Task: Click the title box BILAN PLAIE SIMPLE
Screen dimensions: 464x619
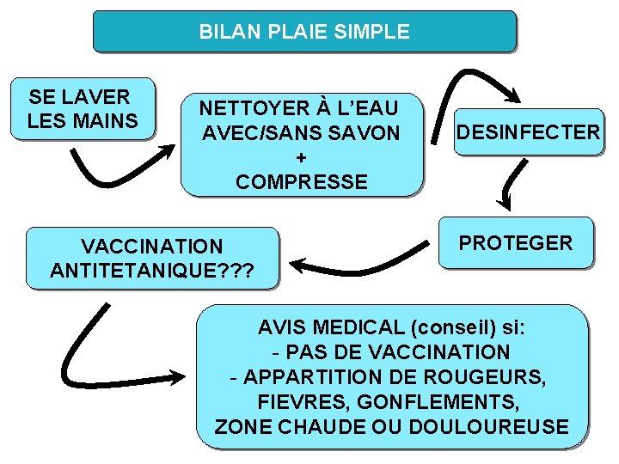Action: coord(304,33)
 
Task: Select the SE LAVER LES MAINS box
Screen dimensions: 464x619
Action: coord(82,109)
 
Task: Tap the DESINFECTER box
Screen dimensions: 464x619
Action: coord(528,131)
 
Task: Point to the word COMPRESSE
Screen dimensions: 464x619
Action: coord(301,182)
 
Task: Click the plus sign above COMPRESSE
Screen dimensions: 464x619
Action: coord(301,158)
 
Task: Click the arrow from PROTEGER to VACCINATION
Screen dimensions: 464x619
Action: coord(361,258)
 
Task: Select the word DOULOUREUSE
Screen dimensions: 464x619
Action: coord(504,426)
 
